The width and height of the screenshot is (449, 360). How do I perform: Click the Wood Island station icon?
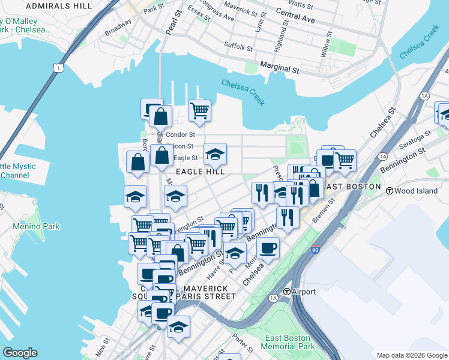pos(389,191)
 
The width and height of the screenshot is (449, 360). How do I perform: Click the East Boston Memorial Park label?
pos(289,342)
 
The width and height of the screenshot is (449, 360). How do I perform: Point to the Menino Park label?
pos(36,227)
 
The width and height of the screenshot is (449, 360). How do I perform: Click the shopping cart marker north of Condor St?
pos(199,111)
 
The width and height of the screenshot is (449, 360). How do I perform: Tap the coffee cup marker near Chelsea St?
pos(268,248)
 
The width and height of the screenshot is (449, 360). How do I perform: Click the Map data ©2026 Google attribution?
pos(411,355)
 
